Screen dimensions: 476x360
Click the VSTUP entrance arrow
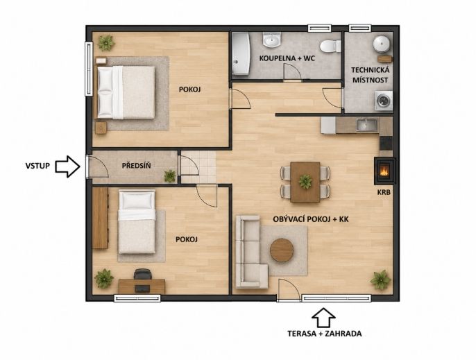(x=67, y=166)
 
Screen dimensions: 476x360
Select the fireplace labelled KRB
(x=384, y=171)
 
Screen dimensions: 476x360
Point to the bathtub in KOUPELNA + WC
(x=241, y=53)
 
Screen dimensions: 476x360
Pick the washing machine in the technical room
(x=384, y=101)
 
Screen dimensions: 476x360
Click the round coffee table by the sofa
(x=282, y=250)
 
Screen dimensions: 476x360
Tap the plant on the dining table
(x=305, y=182)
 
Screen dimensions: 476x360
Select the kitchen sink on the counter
(x=367, y=125)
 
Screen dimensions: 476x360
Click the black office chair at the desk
(x=143, y=274)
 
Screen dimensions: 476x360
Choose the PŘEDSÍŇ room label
(x=136, y=166)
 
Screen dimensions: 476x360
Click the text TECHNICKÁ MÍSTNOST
(x=370, y=75)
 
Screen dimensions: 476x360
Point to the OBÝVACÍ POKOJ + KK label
(x=311, y=219)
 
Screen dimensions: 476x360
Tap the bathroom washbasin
(x=272, y=40)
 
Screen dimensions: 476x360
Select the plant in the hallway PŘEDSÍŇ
(x=170, y=176)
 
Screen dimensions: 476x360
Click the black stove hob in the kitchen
(x=386, y=143)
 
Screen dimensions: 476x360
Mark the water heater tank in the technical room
(x=382, y=44)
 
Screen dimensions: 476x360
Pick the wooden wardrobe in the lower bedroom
(x=100, y=218)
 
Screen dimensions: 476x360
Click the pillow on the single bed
(x=137, y=200)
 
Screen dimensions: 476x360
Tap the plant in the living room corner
(x=380, y=280)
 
